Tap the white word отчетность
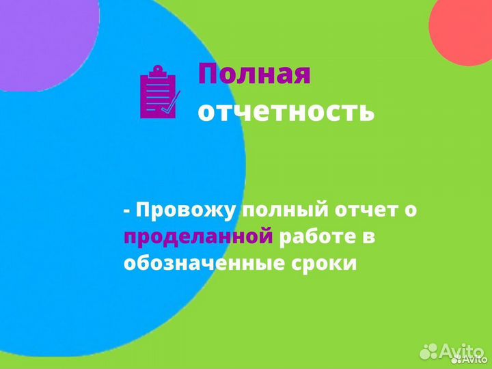[286, 111]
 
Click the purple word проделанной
[198, 237]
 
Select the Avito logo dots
[429, 351]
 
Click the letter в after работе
[370, 237]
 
